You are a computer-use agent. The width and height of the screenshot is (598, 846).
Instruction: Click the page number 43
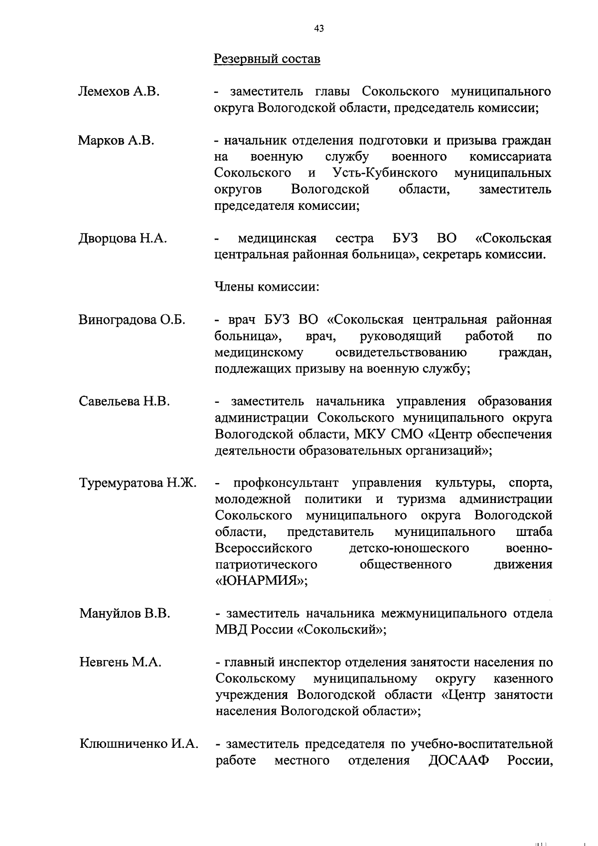point(319,29)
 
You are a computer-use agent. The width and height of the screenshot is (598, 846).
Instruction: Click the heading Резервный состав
point(267,59)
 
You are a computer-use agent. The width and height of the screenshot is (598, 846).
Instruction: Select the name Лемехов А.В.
point(119,92)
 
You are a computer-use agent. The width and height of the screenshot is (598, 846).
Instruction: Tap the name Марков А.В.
point(116,141)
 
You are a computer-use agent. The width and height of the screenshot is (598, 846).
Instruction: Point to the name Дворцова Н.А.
point(123,238)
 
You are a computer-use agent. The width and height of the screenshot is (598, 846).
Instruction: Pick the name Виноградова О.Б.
point(132,320)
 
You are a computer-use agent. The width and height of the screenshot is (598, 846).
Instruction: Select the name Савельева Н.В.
point(125,401)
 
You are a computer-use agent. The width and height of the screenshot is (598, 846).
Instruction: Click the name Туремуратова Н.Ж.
point(138,483)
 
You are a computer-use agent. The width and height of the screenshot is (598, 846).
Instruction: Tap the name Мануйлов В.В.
point(125,614)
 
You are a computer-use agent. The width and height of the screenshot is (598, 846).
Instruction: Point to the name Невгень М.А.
point(120,663)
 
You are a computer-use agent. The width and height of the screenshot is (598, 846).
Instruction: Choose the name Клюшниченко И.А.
point(139,744)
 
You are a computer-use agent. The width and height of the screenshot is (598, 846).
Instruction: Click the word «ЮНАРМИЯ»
point(261,581)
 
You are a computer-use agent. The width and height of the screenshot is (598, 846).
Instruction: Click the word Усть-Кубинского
point(385,173)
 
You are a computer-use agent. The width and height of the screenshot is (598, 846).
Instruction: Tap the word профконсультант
point(286,483)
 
